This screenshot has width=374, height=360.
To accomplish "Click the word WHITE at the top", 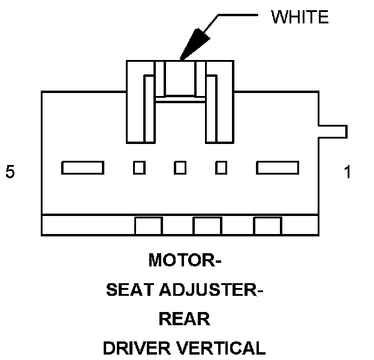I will click(300, 17).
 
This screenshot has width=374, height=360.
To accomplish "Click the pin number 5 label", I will click(10, 172).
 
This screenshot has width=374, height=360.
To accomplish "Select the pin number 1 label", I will click(348, 173).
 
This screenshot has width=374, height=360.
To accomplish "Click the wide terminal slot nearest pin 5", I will click(83, 167).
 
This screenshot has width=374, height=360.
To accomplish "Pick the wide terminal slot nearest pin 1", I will click(278, 167).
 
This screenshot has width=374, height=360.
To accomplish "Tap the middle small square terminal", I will click(180, 167).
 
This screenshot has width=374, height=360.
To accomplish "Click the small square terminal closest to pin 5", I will click(139, 167).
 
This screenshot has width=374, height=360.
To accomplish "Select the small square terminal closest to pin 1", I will click(221, 167).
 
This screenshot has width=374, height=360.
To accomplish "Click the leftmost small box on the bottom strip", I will click(149, 226).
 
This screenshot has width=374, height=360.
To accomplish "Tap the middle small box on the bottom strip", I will click(207, 226).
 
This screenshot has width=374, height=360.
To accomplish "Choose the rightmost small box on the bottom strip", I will click(267, 226).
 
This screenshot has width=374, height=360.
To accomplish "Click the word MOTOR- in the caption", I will click(185, 262).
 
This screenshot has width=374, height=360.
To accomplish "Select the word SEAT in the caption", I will click(130, 290).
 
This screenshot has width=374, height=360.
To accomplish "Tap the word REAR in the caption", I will click(185, 319).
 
